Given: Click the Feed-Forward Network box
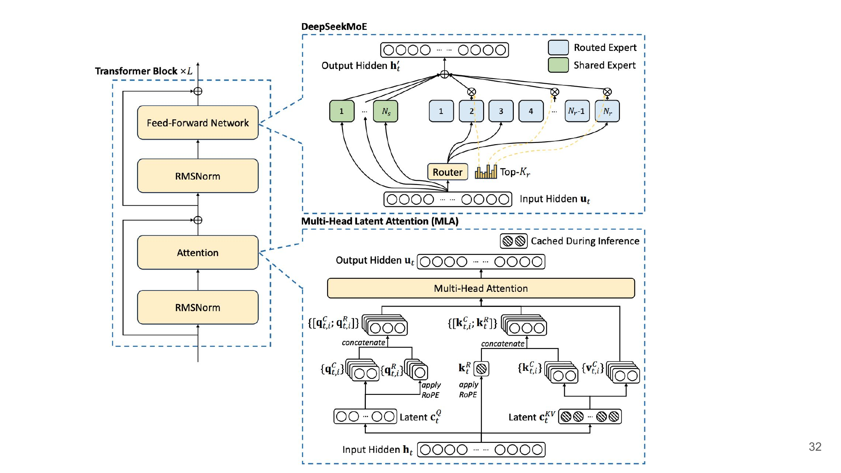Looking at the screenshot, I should pos(198,123).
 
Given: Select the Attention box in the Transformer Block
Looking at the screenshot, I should pos(198,253).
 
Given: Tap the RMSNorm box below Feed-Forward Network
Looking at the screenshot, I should pos(198,176).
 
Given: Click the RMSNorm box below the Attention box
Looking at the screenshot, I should pos(198,307).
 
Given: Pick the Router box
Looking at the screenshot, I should pos(447,172).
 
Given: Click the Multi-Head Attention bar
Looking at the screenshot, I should pos(481,288).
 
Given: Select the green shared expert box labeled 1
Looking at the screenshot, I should pos(341,111).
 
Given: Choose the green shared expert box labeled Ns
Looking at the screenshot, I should pos(386,111).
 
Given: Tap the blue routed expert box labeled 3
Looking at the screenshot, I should pos(501,111).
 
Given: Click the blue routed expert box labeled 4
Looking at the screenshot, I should pos(531,111).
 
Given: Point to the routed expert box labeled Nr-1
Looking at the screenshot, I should pos(577,111).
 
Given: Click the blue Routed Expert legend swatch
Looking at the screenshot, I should pos(558,48).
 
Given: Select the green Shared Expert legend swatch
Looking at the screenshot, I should pos(558,65).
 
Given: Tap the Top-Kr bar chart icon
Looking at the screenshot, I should pos(486,172).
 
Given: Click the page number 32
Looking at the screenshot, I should pos(815,447).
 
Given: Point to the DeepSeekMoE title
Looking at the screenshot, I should pos(334,27).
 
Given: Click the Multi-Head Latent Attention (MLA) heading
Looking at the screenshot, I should pos(380,221).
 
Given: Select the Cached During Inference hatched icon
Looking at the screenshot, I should pos(514,241).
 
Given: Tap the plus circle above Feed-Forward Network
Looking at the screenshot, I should pos(198,91).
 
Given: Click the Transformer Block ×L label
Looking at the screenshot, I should pos(143,71).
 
